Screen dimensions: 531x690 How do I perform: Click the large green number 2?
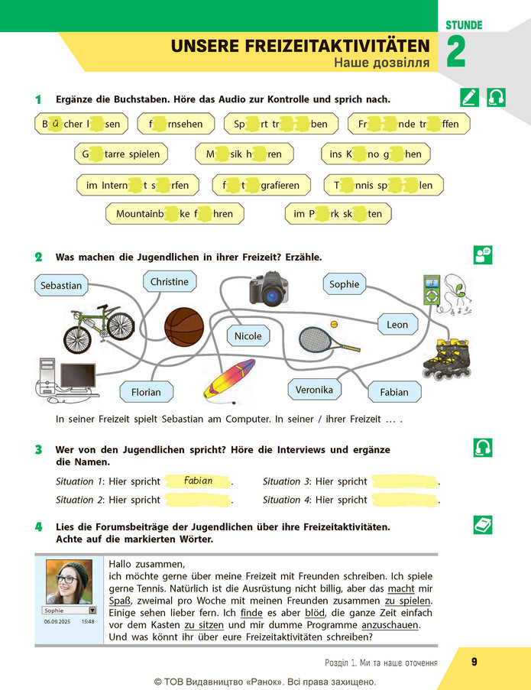coord(456,51)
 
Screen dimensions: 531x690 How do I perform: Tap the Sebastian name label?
coord(61,285)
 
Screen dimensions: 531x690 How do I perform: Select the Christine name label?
coord(170,282)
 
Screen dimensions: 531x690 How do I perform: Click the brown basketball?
coord(184,327)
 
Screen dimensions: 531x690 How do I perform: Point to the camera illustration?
coord(269,289)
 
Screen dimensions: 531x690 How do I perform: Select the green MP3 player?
coord(432,290)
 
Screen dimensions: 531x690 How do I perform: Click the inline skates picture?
coord(447,359)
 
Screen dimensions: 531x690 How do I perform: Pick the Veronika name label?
coord(314,390)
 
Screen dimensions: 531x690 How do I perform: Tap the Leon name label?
coord(397,324)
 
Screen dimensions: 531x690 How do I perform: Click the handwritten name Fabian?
coord(198,481)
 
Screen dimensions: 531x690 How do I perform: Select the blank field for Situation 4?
coord(405,500)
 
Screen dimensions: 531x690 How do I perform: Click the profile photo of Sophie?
coord(69,581)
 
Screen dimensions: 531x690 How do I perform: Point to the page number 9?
coord(474,662)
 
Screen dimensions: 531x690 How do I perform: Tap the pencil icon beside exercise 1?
coord(469,97)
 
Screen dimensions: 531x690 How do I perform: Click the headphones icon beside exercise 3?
coord(483,448)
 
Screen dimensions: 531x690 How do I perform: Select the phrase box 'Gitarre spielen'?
coord(121,154)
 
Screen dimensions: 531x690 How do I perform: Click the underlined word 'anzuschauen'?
coord(390,625)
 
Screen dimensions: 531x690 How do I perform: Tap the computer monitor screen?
coord(77,376)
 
